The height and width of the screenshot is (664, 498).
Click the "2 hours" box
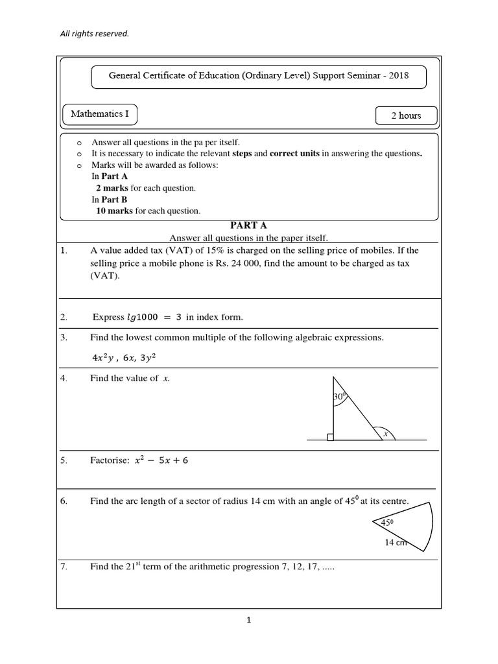coord(406,115)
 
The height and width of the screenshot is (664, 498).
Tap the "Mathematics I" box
coord(100,114)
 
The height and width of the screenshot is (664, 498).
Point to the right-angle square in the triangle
coord(331,437)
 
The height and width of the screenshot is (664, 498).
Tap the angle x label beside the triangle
coord(385,434)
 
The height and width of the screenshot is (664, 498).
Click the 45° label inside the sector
coord(388,522)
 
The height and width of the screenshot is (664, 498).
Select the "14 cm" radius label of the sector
coord(395,543)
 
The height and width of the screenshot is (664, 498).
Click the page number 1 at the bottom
coord(249,620)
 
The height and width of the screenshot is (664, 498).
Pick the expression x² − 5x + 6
coord(161,460)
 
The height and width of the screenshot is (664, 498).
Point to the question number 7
coord(64,567)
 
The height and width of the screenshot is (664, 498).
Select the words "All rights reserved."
coord(95,34)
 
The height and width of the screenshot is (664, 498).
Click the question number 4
coord(64,379)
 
